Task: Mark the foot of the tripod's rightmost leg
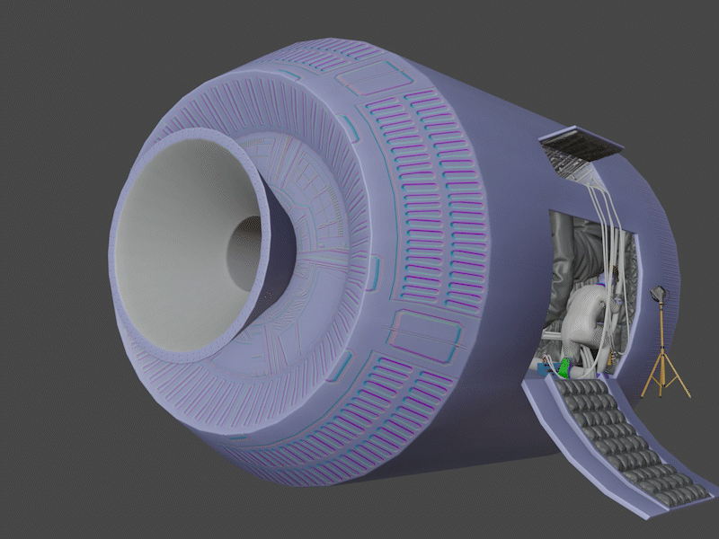click(x=688, y=395)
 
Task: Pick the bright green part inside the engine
click(x=564, y=367)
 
